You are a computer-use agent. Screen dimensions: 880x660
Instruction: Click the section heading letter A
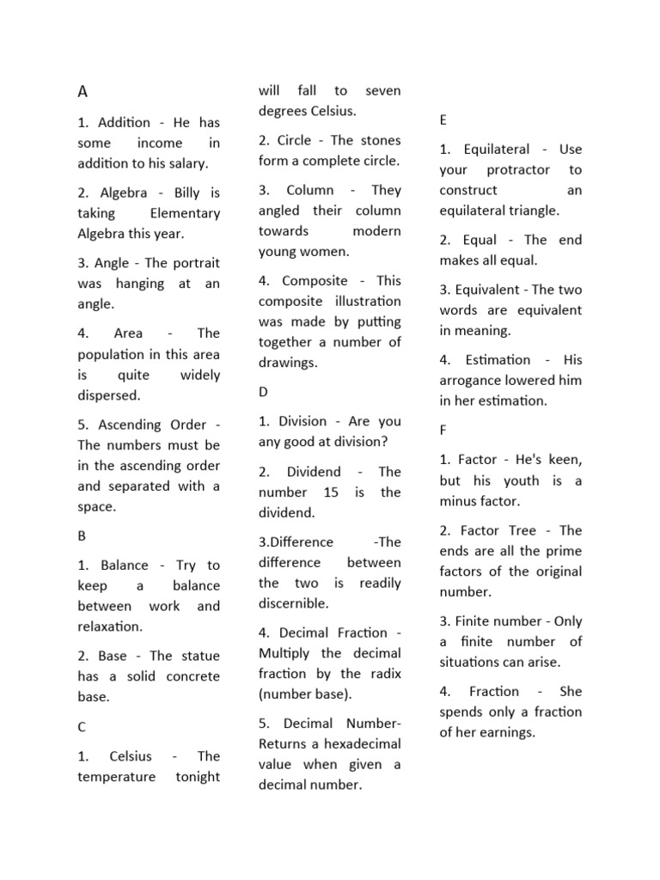point(83,92)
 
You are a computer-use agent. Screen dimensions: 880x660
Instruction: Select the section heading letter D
point(263,392)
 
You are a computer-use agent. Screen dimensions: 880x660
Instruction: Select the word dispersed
point(108,395)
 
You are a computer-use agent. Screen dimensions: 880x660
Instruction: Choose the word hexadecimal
point(355,743)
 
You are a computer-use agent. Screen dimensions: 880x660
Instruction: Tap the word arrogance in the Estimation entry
point(477,380)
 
